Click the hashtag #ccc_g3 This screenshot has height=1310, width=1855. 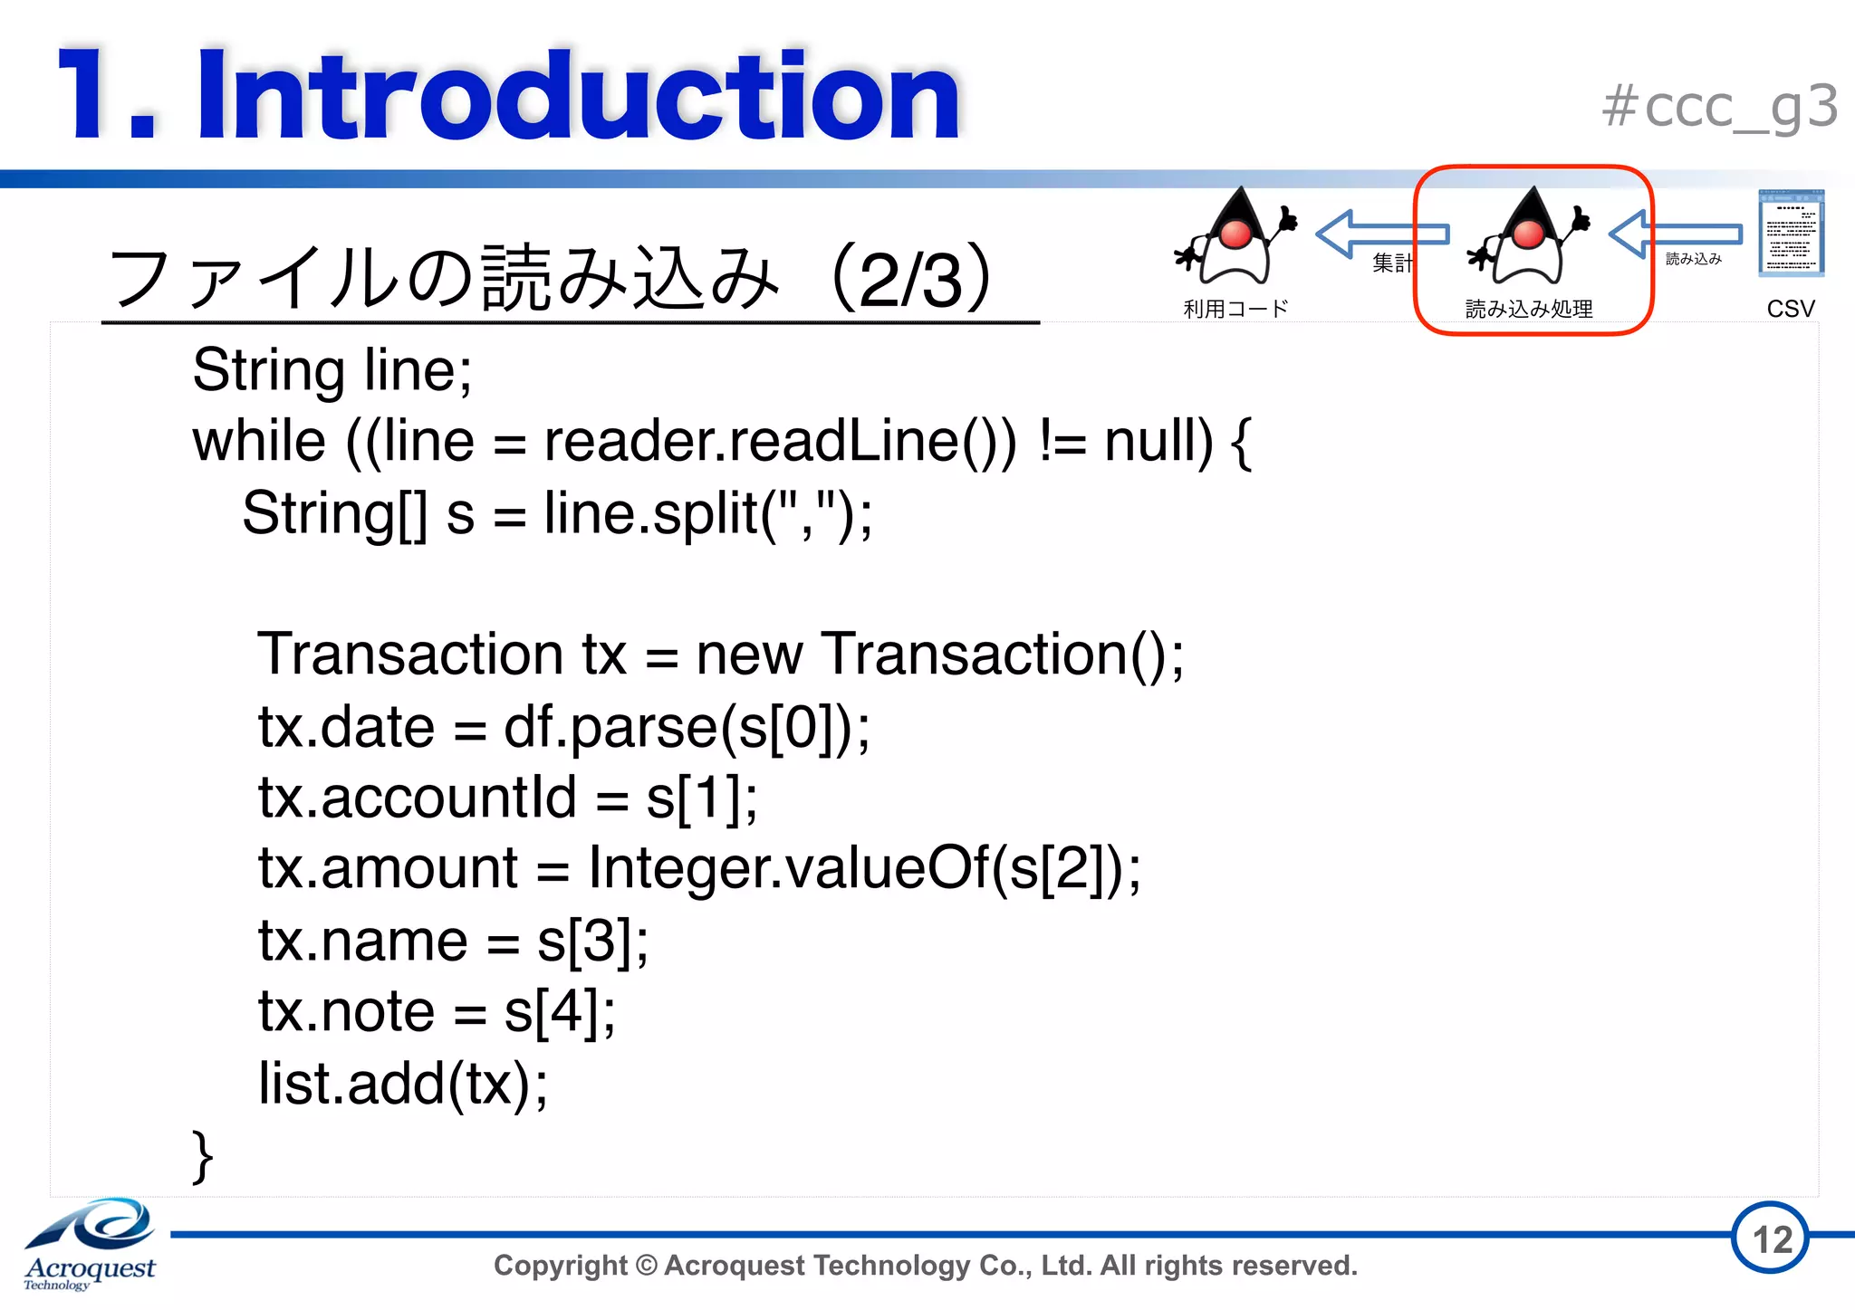[1719, 108]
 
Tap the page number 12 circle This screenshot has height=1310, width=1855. [1771, 1238]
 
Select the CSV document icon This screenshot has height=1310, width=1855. [1790, 234]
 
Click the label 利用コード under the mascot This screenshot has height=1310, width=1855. [1235, 309]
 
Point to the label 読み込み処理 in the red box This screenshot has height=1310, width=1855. [1529, 309]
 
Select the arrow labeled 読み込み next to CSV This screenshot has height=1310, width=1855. [1676, 234]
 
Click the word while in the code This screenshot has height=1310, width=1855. [259, 442]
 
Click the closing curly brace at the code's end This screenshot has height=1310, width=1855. [203, 1156]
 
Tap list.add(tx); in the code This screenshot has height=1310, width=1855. [403, 1083]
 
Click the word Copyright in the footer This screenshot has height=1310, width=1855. [561, 1265]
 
